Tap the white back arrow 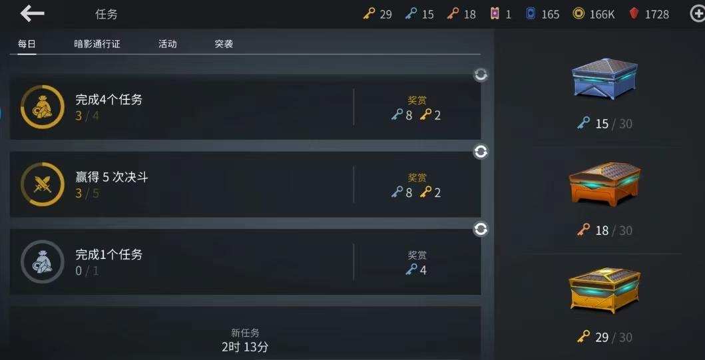[x=33, y=13]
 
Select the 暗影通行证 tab [x=97, y=44]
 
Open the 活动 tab [x=167, y=44]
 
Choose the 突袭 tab [x=224, y=44]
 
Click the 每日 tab [x=27, y=44]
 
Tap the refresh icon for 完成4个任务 [x=481, y=75]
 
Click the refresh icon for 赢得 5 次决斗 [x=481, y=152]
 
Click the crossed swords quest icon [x=43, y=184]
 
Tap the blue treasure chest [x=604, y=79]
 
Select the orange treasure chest [x=604, y=184]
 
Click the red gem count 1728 [x=657, y=15]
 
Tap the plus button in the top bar [x=698, y=14]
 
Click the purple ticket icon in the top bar [x=495, y=14]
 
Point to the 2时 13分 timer [x=245, y=347]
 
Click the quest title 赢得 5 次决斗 [x=111, y=177]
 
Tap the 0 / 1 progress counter [x=87, y=271]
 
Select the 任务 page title [x=106, y=15]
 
